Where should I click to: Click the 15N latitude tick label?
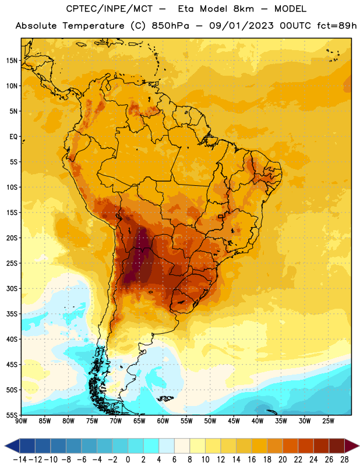[x=12, y=61]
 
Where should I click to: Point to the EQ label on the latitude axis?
[x=13, y=137]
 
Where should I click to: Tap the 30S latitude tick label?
[x=12, y=288]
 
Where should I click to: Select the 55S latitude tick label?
[x=12, y=415]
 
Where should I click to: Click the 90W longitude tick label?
[x=21, y=421]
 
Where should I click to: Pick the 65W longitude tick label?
[x=139, y=421]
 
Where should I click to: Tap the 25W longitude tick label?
[x=328, y=421]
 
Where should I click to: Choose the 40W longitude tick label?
[x=257, y=421]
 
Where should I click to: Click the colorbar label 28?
[x=344, y=460]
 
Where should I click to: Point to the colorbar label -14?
[x=20, y=460]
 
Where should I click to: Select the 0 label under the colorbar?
[x=128, y=460]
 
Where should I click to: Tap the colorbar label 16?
[x=252, y=460]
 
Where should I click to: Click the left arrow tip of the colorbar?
[x=5, y=446]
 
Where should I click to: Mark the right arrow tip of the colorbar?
[x=359, y=446]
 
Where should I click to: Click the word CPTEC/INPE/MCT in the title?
[x=110, y=9]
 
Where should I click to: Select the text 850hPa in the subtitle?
[x=170, y=26]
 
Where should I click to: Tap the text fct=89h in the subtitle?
[x=337, y=26]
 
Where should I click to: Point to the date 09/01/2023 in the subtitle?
[x=241, y=26]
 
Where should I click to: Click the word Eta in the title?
[x=186, y=9]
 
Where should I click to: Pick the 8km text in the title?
[x=243, y=9]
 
